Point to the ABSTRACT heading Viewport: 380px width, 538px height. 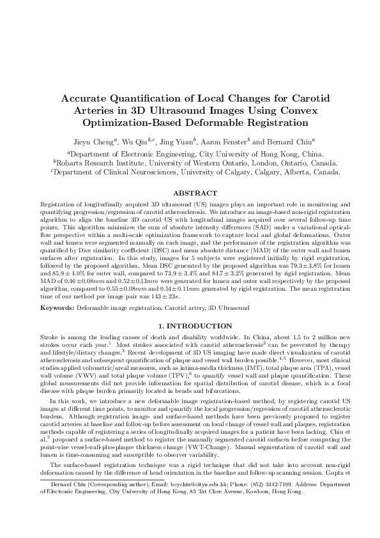pyautogui.click(x=190, y=192)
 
